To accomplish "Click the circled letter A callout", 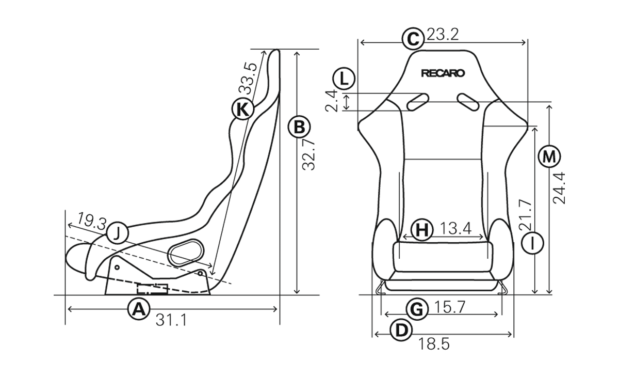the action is [x=139, y=309].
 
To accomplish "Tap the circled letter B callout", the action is [x=299, y=127].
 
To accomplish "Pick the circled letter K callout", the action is [x=242, y=109].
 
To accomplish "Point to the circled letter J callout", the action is [x=118, y=233].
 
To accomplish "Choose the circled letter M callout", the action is [x=549, y=156].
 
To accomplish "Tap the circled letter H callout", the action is [x=422, y=230].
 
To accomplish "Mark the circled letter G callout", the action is [x=417, y=309].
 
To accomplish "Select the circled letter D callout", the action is [x=401, y=330].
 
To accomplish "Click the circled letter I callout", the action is [x=532, y=243].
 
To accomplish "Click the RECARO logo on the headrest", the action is [x=443, y=73].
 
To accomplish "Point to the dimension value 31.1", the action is [x=171, y=321].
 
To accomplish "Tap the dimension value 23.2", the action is [x=443, y=35].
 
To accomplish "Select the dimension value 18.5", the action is [x=434, y=344].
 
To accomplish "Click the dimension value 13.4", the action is [x=455, y=228].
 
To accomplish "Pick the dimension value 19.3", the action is [x=91, y=221].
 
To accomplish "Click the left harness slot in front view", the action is [x=417, y=102].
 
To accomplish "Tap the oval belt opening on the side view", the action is [x=186, y=252].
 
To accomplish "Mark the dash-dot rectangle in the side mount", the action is [x=153, y=289].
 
